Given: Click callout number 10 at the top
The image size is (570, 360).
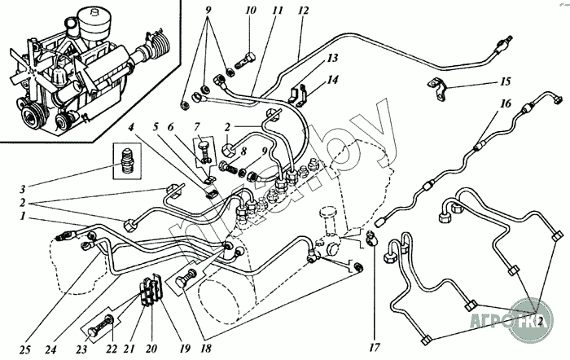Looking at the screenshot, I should pyautogui.click(x=250, y=11).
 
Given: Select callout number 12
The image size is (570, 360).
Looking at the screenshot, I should pyautogui.click(x=304, y=11).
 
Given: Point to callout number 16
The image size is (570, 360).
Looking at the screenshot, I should pyautogui.click(x=506, y=103).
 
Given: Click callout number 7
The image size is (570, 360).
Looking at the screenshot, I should pyautogui.click(x=198, y=125).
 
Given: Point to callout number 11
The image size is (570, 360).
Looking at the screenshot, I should pyautogui.click(x=278, y=11).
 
